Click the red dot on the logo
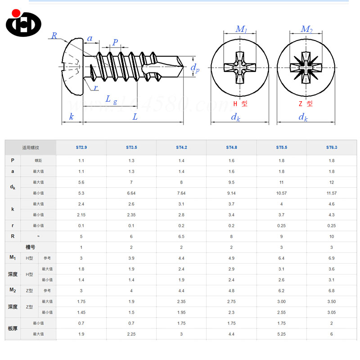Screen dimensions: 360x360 tap(16, 13)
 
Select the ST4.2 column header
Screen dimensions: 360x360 tap(181, 148)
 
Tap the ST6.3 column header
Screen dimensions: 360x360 tap(332, 148)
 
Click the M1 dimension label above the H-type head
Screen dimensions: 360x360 tap(241, 29)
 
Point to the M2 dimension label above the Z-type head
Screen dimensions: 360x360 tap(307, 29)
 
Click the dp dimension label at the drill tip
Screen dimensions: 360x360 tap(195, 68)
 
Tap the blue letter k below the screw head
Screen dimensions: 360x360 tap(72, 117)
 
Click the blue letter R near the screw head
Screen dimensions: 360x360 tap(54, 36)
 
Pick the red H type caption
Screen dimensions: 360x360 tap(240, 104)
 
